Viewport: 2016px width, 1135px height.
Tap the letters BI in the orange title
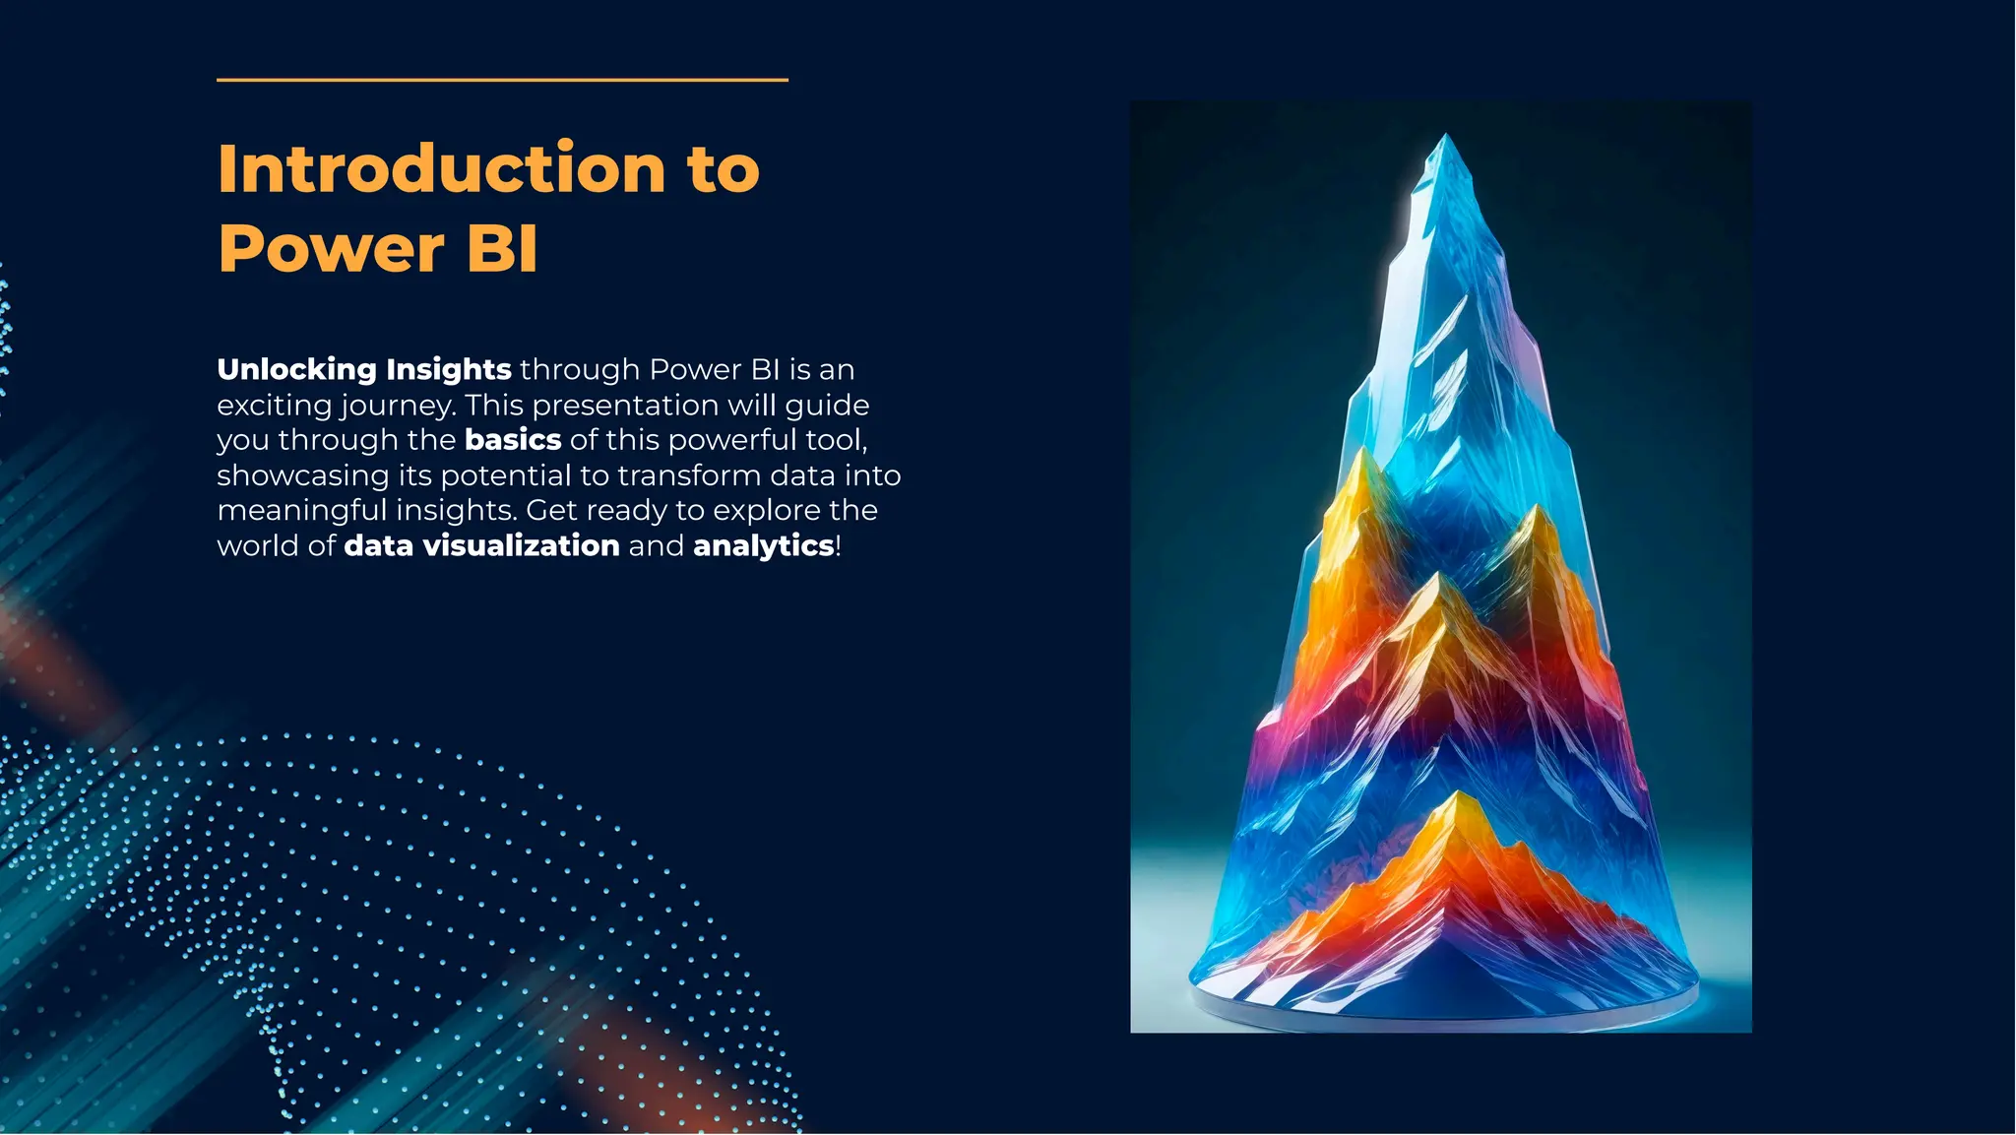click(502, 248)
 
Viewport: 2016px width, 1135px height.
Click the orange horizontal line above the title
click(502, 80)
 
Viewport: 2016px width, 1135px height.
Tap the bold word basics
click(513, 440)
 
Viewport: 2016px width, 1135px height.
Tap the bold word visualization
click(521, 546)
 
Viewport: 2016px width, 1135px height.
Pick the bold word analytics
click(764, 546)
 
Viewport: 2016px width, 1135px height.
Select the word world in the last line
click(259, 546)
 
